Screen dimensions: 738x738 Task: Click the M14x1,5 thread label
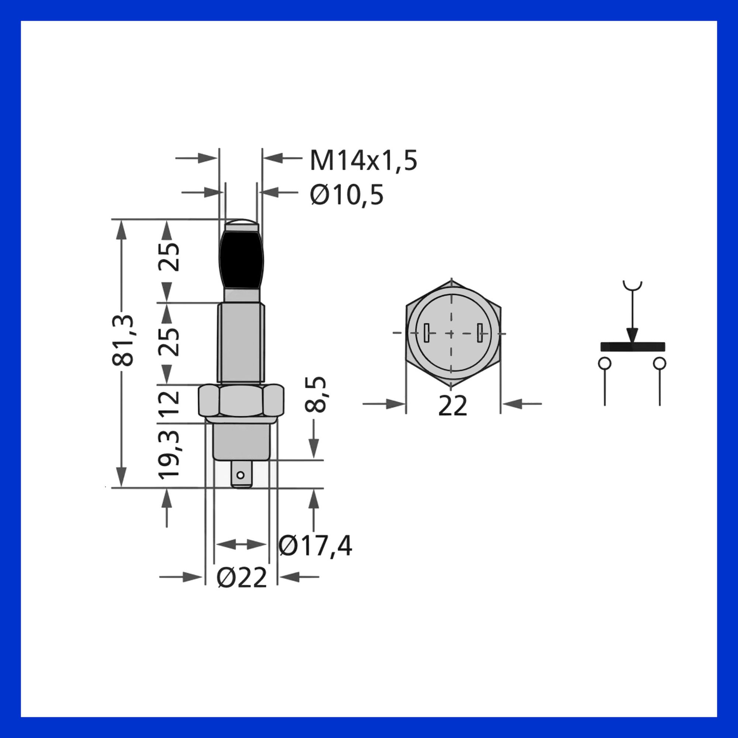click(x=363, y=161)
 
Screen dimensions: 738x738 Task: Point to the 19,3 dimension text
click(x=169, y=454)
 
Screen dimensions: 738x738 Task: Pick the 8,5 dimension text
click(x=315, y=394)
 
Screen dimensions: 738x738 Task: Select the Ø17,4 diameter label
click(x=315, y=546)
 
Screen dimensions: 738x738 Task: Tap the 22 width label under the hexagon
click(x=453, y=406)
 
